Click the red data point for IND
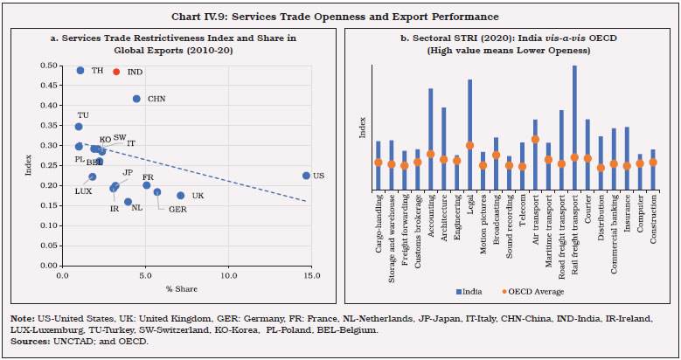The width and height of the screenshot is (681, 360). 116,72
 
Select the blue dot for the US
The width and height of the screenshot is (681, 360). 306,176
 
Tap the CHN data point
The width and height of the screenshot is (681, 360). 136,99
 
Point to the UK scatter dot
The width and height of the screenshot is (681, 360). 181,196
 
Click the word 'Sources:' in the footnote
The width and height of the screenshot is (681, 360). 30,341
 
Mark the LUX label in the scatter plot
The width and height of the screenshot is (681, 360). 83,190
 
